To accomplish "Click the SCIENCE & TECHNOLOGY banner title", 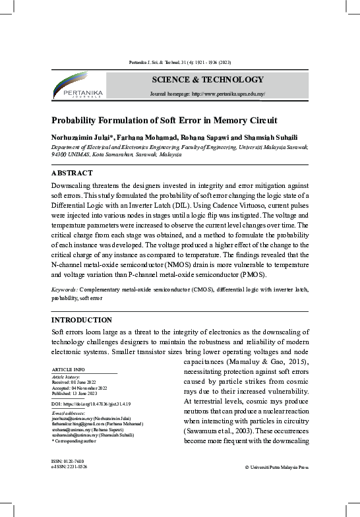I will [208, 80].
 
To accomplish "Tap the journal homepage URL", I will [208, 94].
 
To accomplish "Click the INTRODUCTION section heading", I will [82, 320].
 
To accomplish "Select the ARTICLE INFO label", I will [69, 369].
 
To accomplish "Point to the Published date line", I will [78, 392].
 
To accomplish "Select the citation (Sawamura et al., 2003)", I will [222, 431].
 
